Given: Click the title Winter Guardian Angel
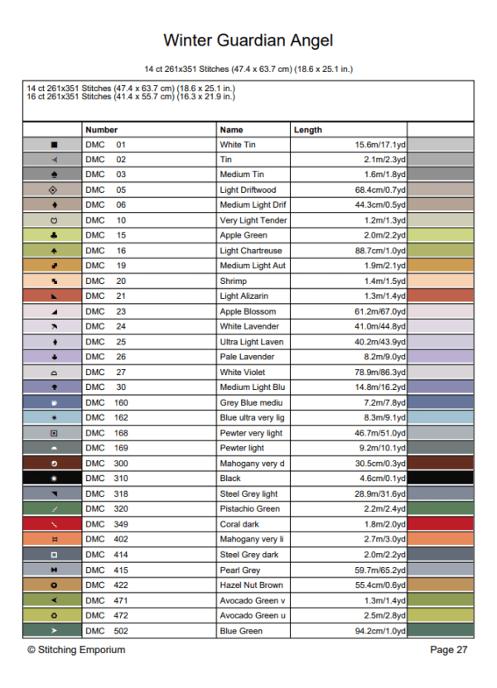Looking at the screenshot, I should [248, 40].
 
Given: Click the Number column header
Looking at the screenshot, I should [101, 130].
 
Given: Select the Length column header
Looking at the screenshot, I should [307, 130].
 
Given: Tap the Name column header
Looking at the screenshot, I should [231, 130].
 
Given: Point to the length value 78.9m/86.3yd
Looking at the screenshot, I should [380, 373].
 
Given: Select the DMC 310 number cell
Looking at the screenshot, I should [107, 479].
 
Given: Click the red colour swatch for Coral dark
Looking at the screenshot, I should [441, 524].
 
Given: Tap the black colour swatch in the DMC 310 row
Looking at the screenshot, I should [441, 479].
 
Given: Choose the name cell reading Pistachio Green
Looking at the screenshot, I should [249, 509].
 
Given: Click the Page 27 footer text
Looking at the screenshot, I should [449, 650].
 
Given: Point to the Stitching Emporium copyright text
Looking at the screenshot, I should [76, 650].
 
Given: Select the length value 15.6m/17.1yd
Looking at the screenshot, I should [380, 145].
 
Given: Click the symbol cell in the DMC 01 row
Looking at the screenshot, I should [54, 145].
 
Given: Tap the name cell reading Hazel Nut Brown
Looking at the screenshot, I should [251, 585].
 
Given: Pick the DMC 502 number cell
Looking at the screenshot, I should [107, 631].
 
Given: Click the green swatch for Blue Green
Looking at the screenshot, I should [441, 631].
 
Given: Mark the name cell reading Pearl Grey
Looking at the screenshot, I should [239, 570].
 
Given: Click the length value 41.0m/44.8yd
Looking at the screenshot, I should [380, 327].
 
